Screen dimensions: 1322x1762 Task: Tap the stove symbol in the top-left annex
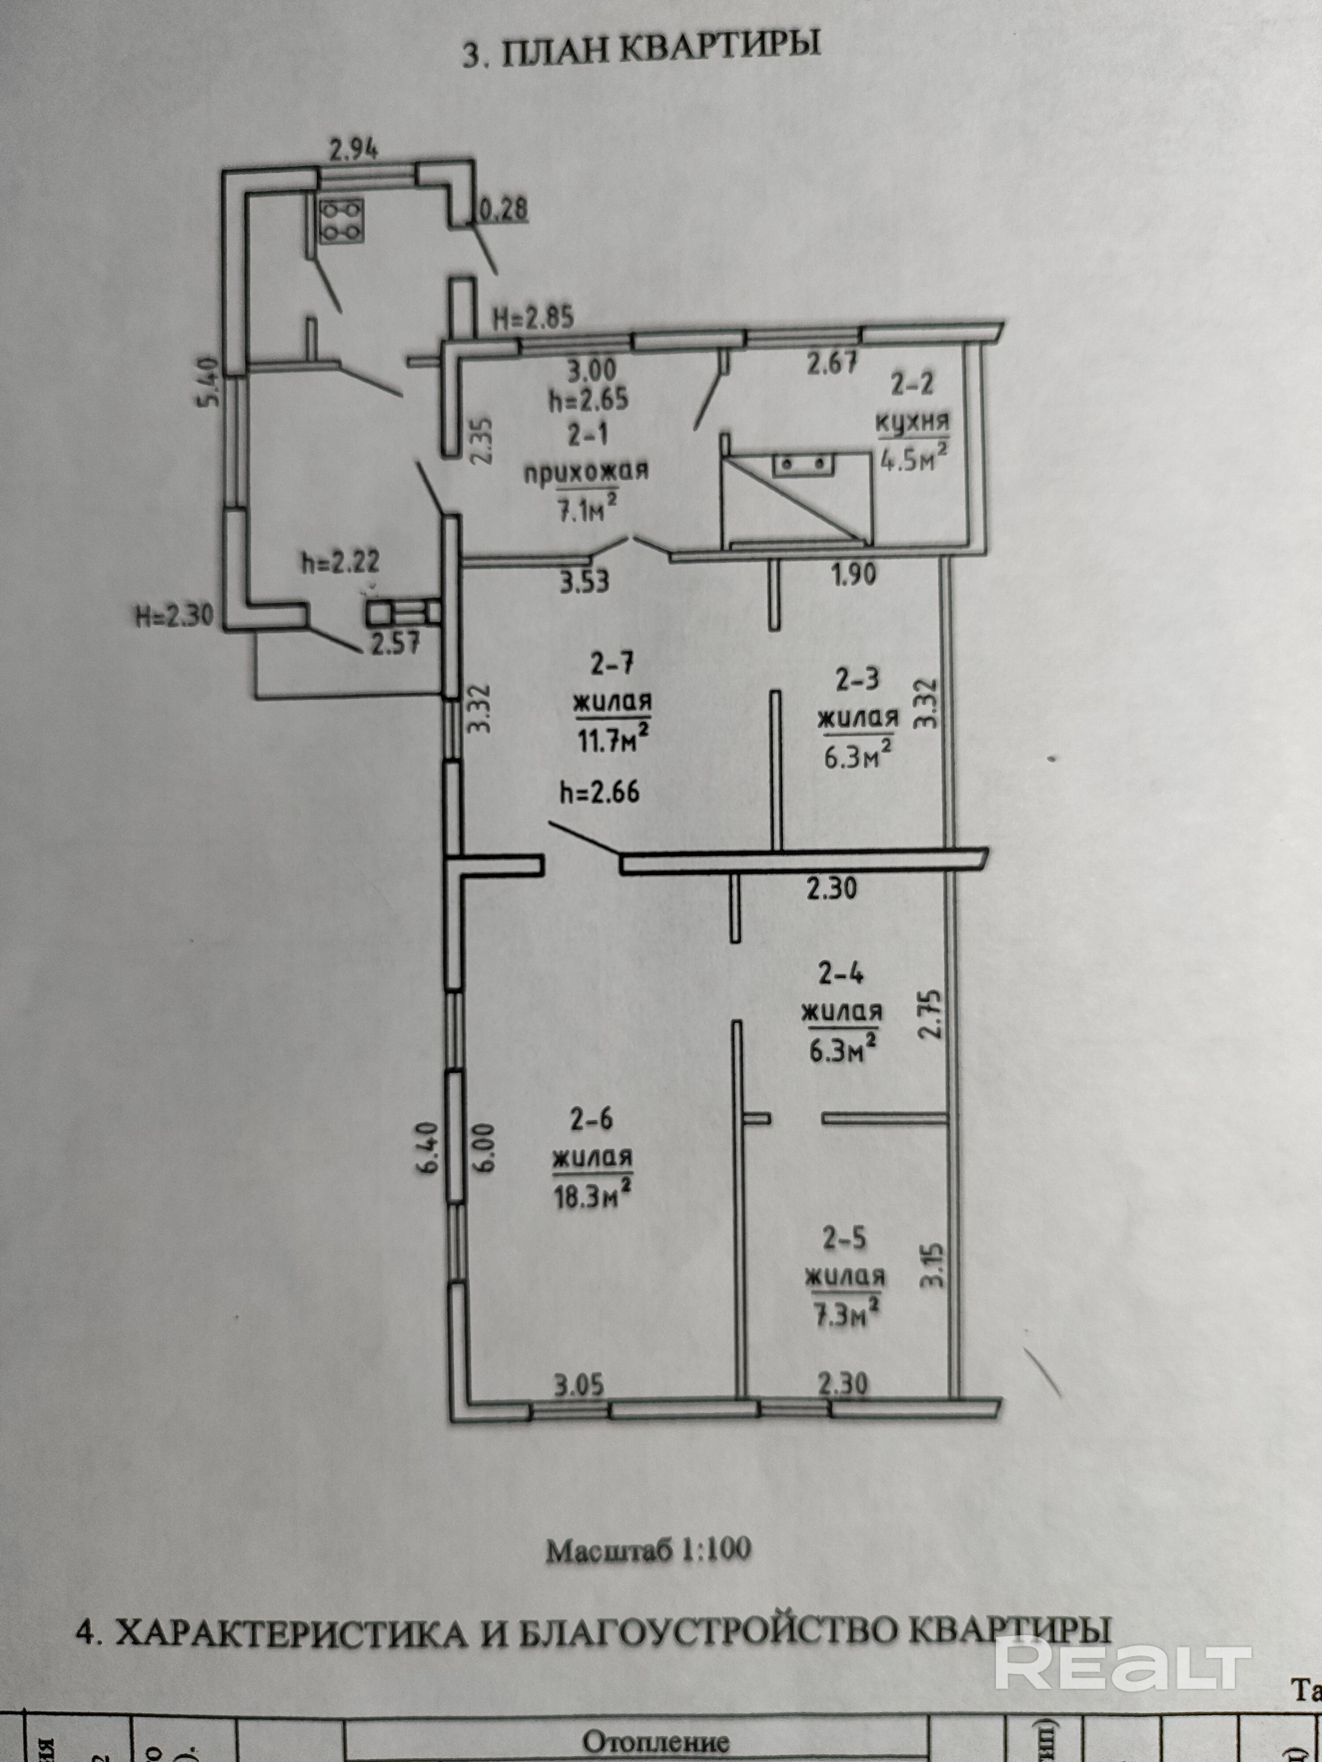coord(341,220)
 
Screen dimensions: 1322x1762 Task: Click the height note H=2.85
coord(532,318)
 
